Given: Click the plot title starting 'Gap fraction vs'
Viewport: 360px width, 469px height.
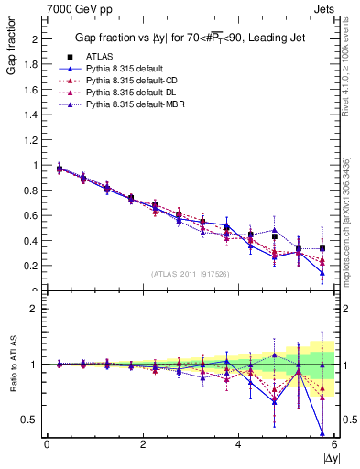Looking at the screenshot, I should pyautogui.click(x=191, y=38).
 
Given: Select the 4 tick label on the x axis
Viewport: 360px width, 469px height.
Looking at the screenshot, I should pyautogui.click(x=239, y=444).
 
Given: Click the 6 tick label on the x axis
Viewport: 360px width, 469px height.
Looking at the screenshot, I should pyautogui.click(x=334, y=444).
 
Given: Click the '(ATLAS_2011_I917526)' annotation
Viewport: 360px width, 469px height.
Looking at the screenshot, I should pyautogui.click(x=190, y=272).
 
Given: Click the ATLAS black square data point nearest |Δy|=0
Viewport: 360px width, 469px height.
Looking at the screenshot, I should pyautogui.click(x=60, y=169).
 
